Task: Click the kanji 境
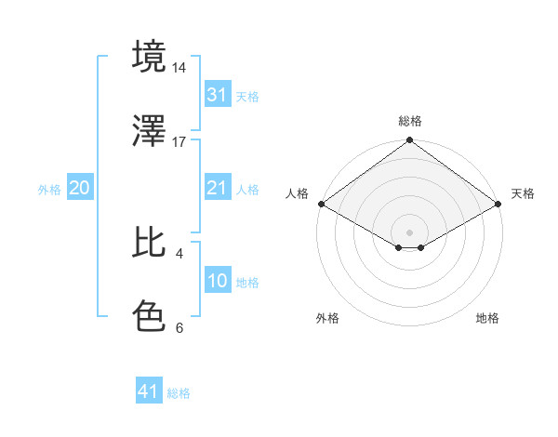150,57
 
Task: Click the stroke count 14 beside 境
179,69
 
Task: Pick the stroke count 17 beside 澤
179,142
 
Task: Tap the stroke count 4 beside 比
179,253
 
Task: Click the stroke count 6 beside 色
179,327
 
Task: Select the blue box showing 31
217,95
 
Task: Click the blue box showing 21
217,188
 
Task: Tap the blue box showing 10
217,281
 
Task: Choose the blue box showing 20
79,188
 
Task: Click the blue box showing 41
148,391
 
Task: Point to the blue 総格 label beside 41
179,393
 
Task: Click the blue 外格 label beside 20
49,189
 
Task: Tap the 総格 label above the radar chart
410,121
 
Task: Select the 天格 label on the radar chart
523,193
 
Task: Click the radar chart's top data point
410,142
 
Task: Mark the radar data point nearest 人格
320,204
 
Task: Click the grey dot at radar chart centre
410,232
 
